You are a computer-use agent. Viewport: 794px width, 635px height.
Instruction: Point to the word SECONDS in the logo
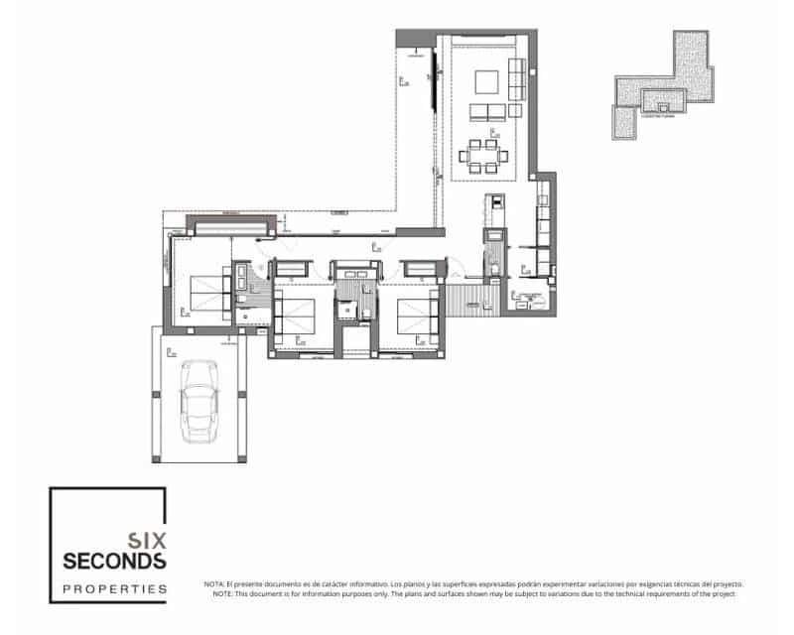(115, 562)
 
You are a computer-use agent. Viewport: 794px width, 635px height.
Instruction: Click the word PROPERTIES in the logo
(115, 588)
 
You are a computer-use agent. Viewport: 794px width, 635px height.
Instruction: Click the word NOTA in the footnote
(214, 584)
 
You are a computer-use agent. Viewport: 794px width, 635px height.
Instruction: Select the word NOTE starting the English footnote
(221, 593)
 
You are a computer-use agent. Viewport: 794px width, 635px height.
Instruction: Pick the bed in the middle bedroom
(298, 316)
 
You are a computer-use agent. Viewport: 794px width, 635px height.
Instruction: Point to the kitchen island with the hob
(494, 208)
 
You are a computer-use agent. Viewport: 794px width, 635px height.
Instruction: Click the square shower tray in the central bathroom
(349, 310)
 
